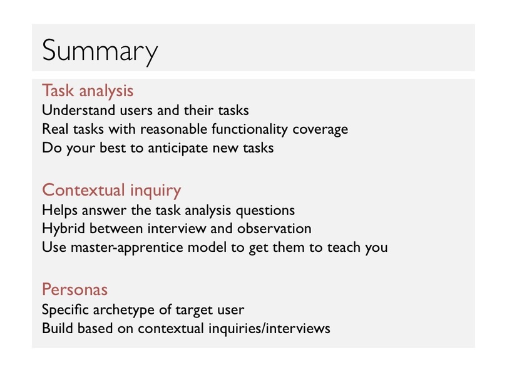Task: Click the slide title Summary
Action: tap(100, 52)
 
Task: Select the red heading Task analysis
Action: tap(88, 91)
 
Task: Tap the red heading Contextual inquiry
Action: tap(111, 190)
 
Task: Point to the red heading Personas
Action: tap(74, 289)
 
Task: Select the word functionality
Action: tap(250, 129)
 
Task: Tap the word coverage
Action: tap(320, 130)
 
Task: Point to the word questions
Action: tap(265, 211)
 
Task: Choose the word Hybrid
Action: tap(64, 229)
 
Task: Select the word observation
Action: tap(274, 229)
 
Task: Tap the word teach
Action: tap(344, 247)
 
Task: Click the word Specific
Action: tap(65, 310)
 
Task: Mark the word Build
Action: tap(57, 328)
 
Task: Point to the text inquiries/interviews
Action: tap(269, 329)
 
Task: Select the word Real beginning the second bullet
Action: tap(55, 129)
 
